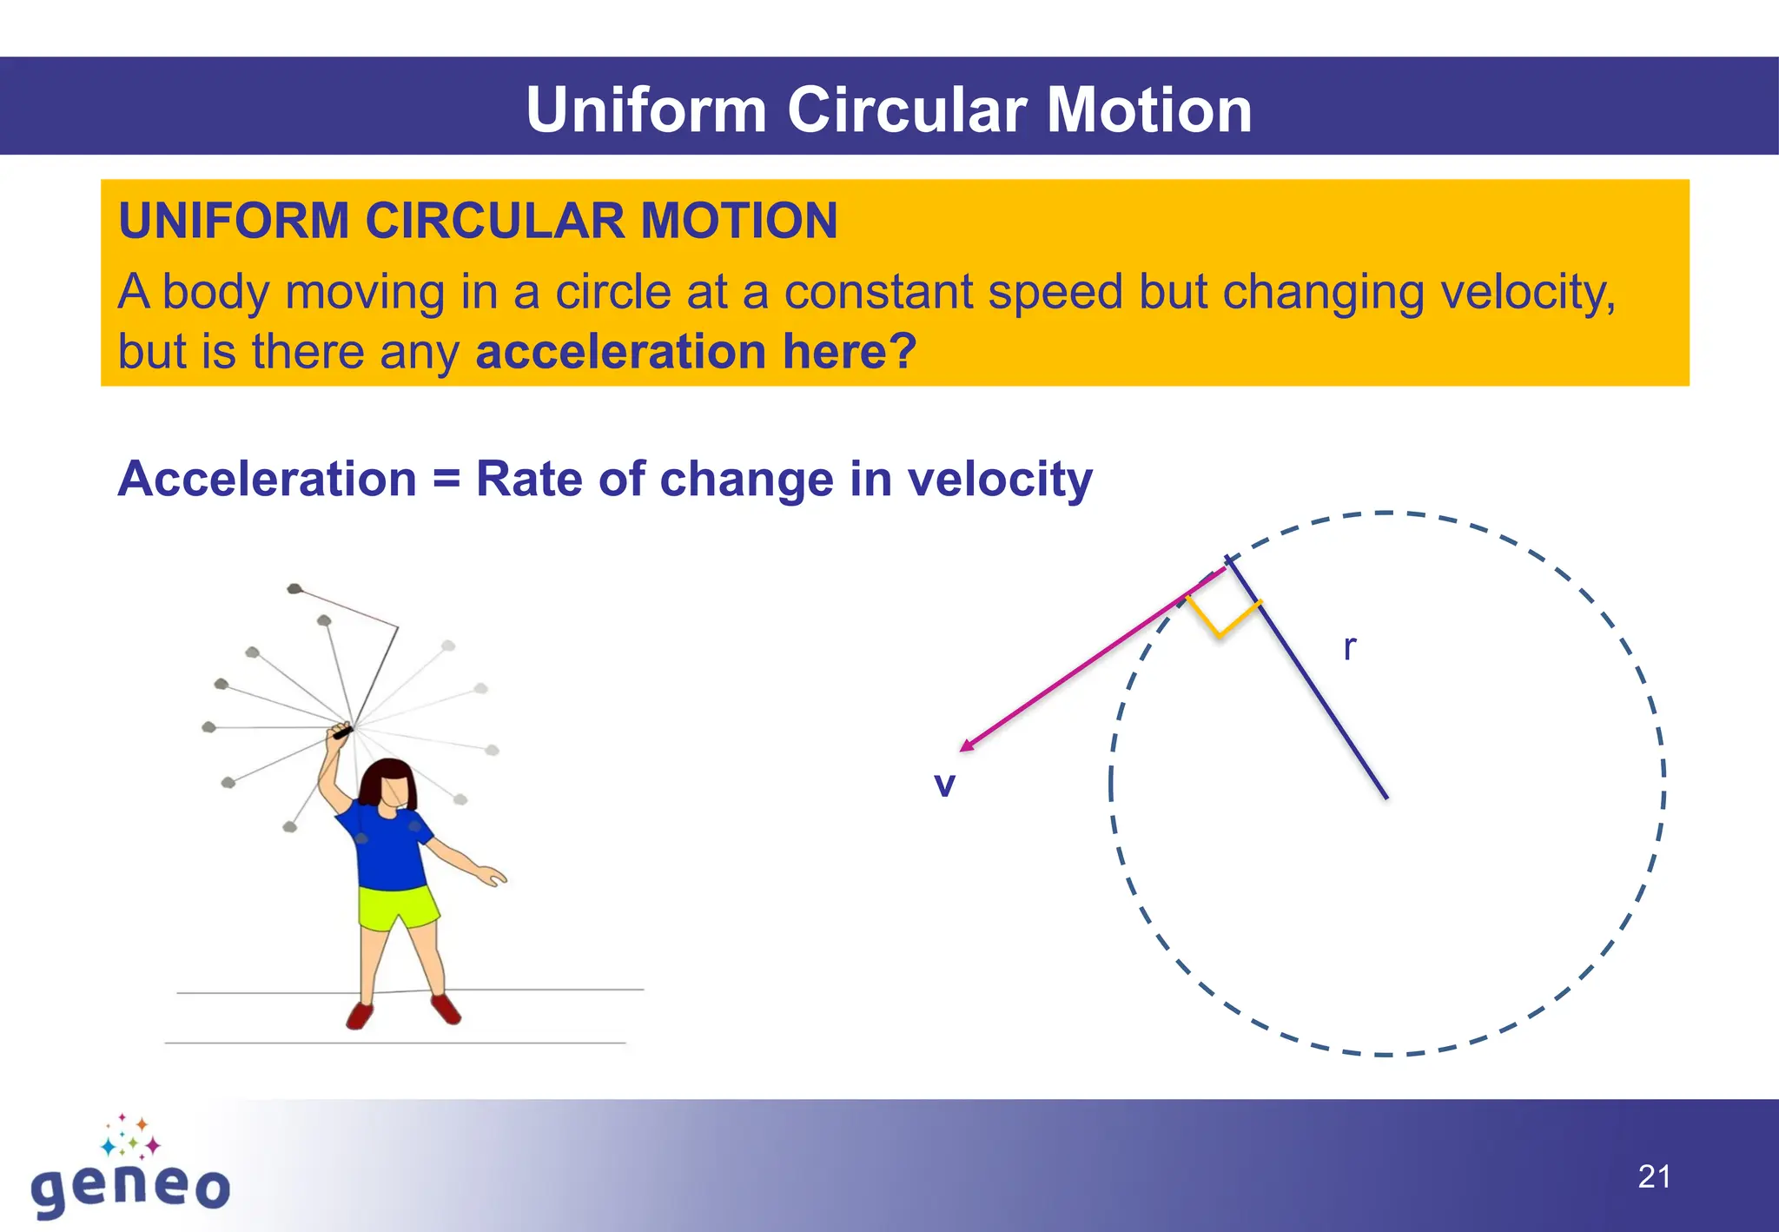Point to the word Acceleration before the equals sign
[x=268, y=479]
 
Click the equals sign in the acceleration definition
[x=446, y=480]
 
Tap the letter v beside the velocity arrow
[x=944, y=785]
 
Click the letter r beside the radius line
[x=1349, y=648]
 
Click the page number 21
[x=1654, y=1177]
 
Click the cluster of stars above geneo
[x=131, y=1136]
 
